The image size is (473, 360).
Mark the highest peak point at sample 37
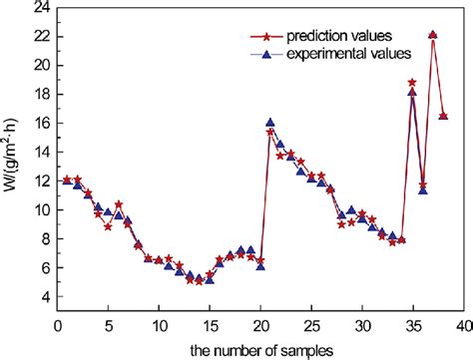(x=432, y=34)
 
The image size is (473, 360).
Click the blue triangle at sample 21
(x=270, y=123)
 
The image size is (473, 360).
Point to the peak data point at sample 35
(x=412, y=83)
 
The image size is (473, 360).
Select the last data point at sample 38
(x=443, y=116)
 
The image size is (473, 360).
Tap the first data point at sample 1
(x=67, y=180)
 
